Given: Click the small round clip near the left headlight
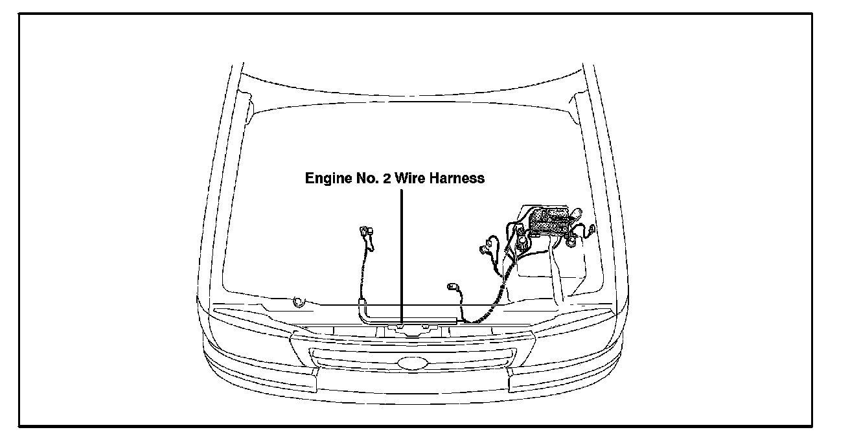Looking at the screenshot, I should (299, 302).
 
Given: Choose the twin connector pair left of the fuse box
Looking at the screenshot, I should (485, 247).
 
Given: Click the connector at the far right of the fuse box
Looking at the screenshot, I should (591, 230).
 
